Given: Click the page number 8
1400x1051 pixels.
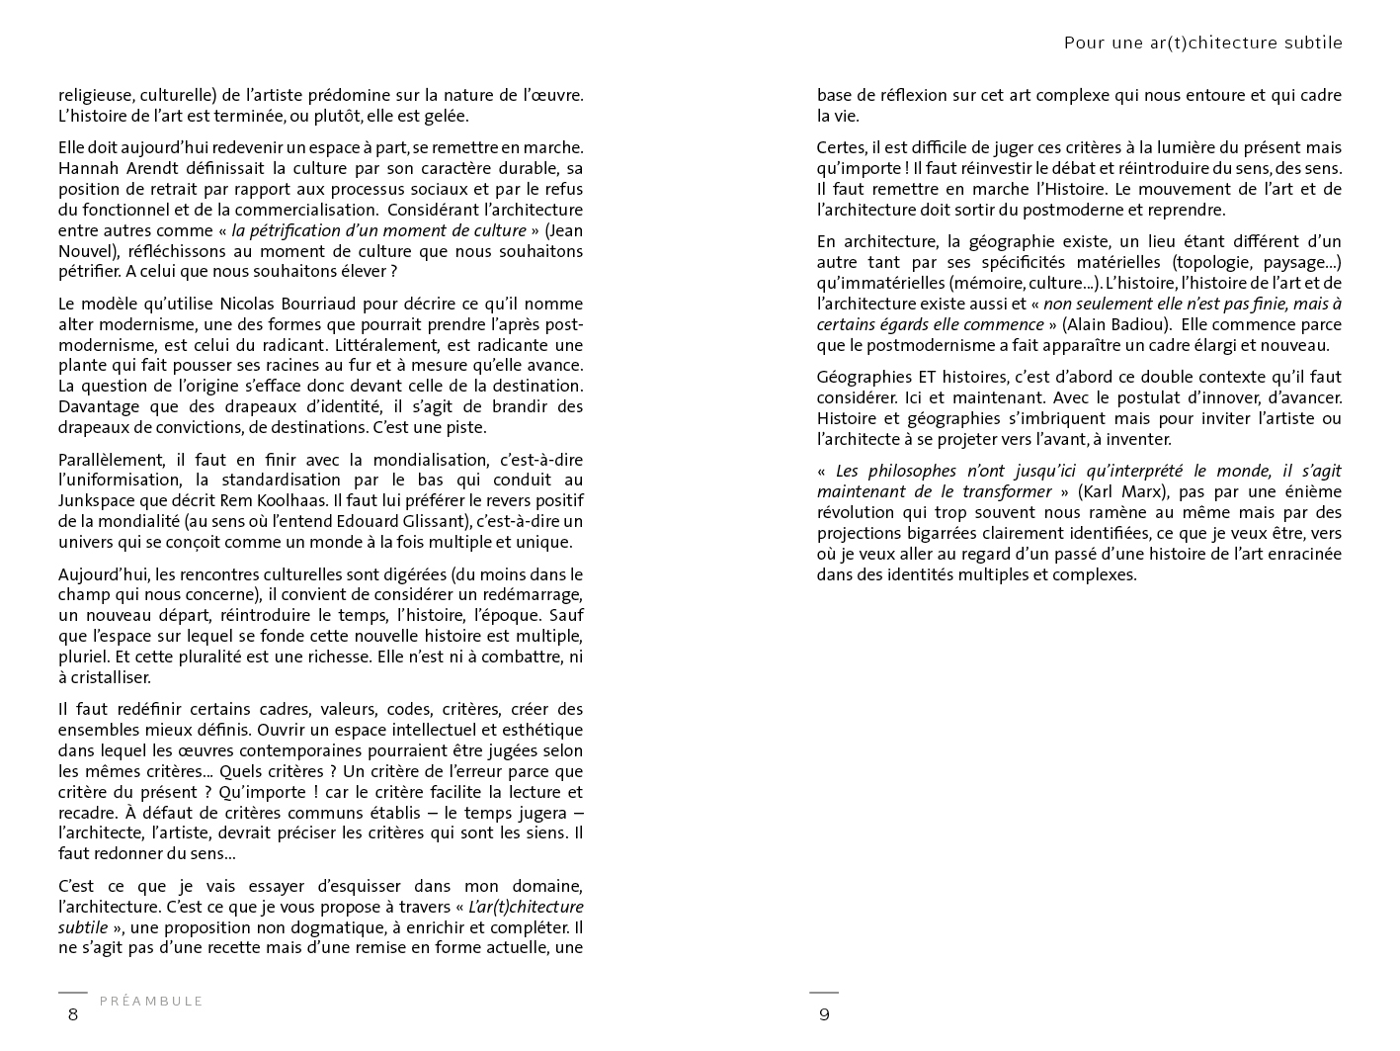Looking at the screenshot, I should [72, 1014].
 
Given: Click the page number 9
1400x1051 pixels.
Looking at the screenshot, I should [824, 1014].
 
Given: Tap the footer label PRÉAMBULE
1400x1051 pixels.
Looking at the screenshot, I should [151, 1001].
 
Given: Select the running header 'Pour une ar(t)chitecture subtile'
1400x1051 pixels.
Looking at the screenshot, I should [1202, 43].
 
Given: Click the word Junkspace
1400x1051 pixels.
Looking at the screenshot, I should [97, 500].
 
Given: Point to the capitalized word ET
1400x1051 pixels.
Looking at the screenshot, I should [926, 377].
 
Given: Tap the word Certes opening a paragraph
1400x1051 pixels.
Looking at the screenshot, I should [841, 147].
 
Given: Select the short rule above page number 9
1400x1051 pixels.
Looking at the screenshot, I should [824, 992].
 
